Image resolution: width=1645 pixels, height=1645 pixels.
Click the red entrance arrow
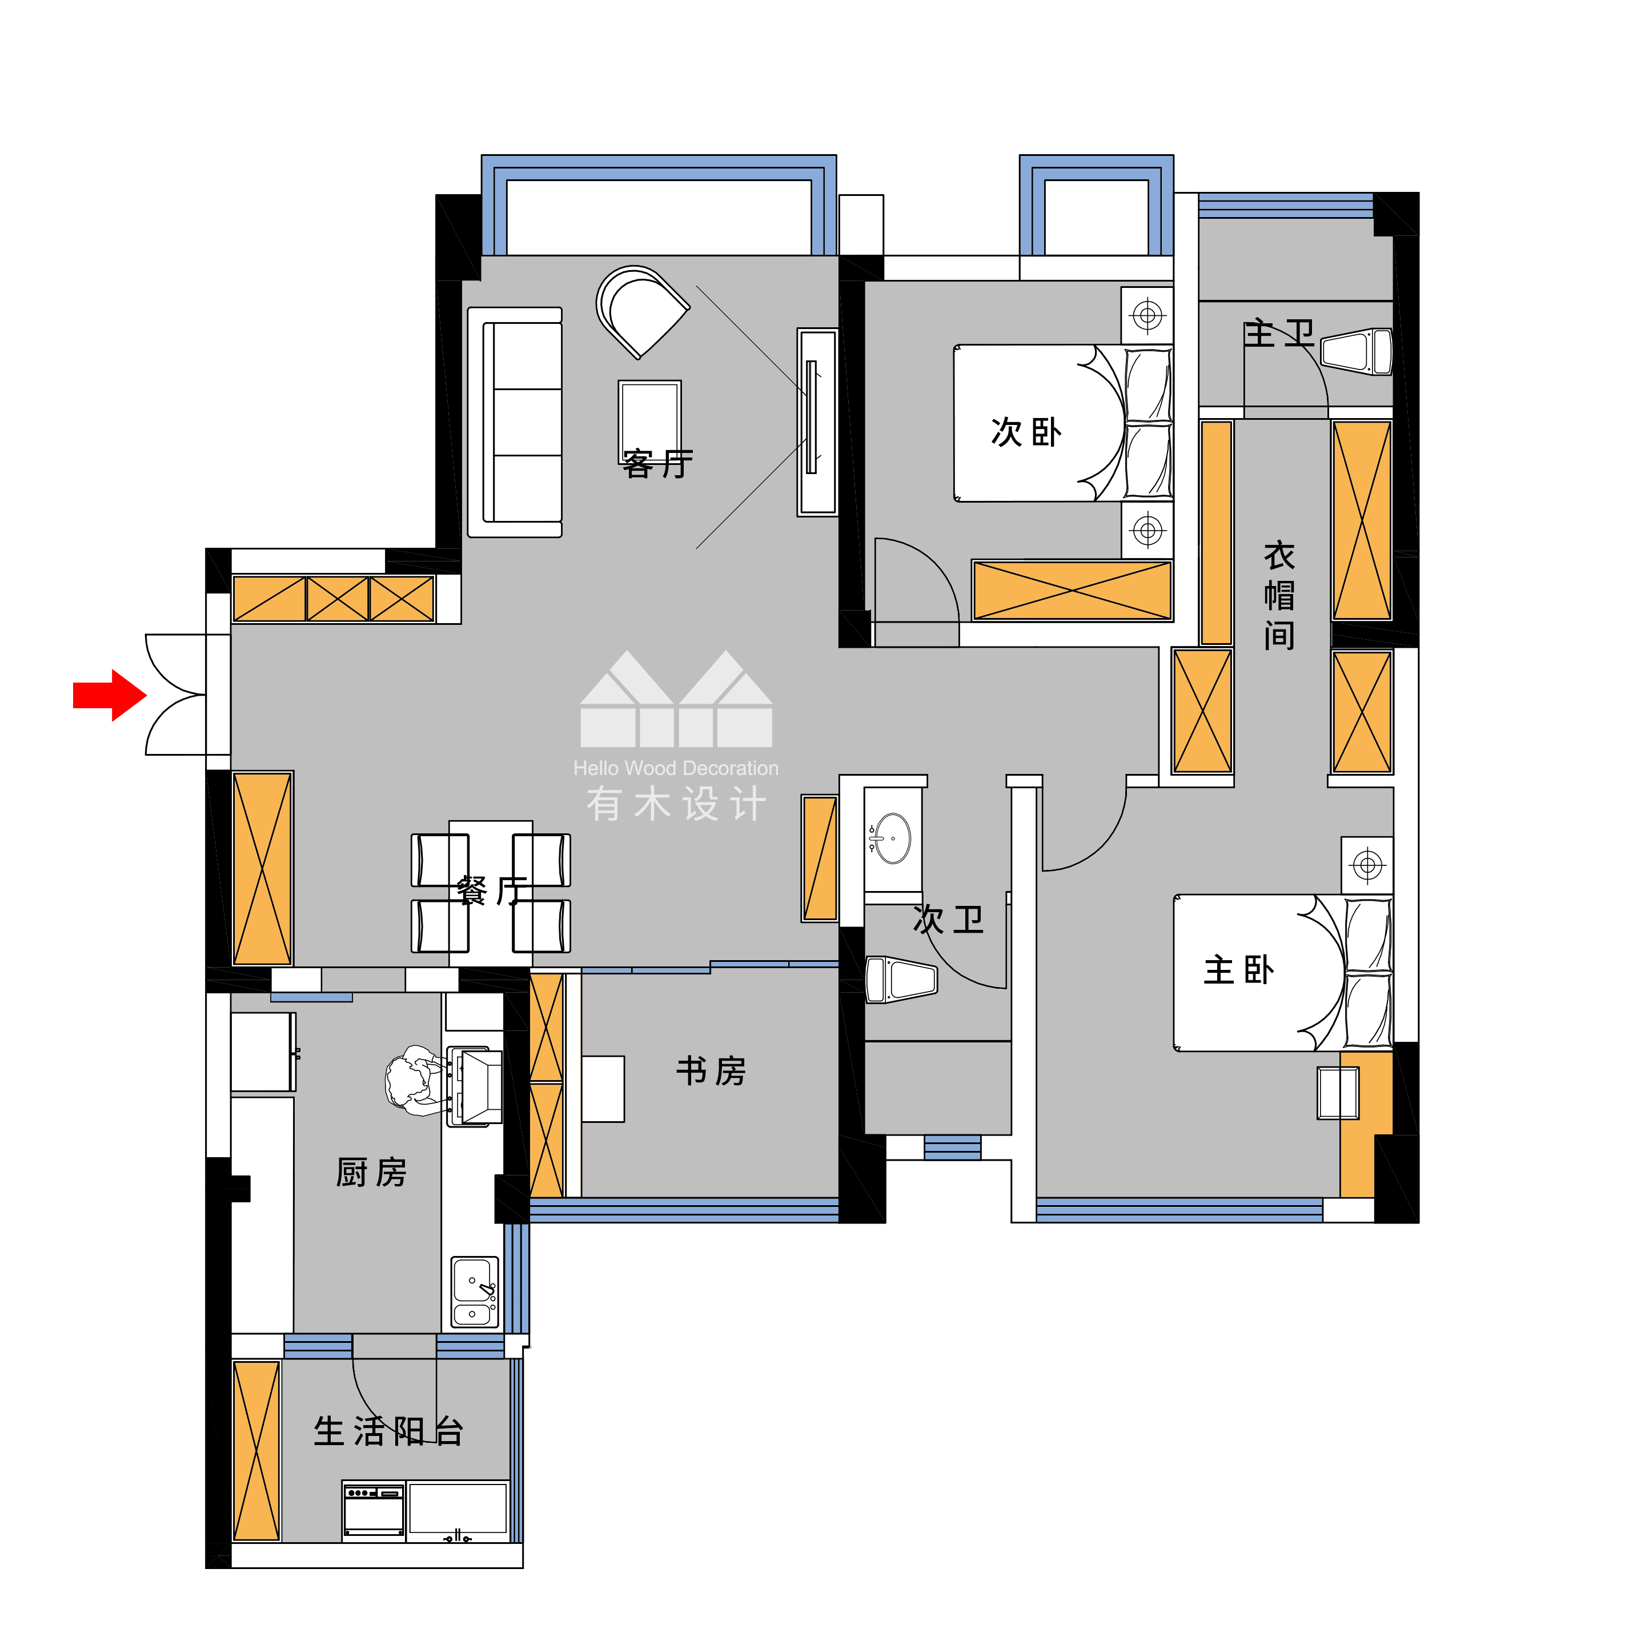[x=110, y=695]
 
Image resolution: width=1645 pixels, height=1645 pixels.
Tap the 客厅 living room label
[x=657, y=464]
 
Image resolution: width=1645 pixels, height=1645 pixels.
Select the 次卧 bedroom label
[x=1026, y=432]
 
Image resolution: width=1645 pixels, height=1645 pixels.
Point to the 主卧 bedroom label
[x=1239, y=970]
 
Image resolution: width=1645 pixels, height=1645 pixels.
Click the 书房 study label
[x=711, y=1071]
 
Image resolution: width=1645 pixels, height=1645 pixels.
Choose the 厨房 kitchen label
[x=371, y=1173]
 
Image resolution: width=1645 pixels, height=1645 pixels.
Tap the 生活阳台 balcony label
[x=388, y=1431]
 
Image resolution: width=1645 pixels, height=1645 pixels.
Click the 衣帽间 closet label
[x=1279, y=595]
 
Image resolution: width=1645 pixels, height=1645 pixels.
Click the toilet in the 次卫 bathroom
[x=901, y=979]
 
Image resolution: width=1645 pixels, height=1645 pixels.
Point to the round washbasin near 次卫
[x=892, y=838]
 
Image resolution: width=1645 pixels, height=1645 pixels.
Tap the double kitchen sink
[x=474, y=1291]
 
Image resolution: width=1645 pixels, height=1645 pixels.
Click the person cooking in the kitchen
[x=415, y=1080]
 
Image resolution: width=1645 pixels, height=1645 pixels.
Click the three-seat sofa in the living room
[x=515, y=422]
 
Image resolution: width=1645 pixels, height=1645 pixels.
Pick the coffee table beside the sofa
[x=649, y=417]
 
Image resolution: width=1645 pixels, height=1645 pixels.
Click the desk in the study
[x=603, y=1089]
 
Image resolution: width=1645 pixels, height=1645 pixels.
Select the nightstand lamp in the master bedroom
[x=1367, y=865]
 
